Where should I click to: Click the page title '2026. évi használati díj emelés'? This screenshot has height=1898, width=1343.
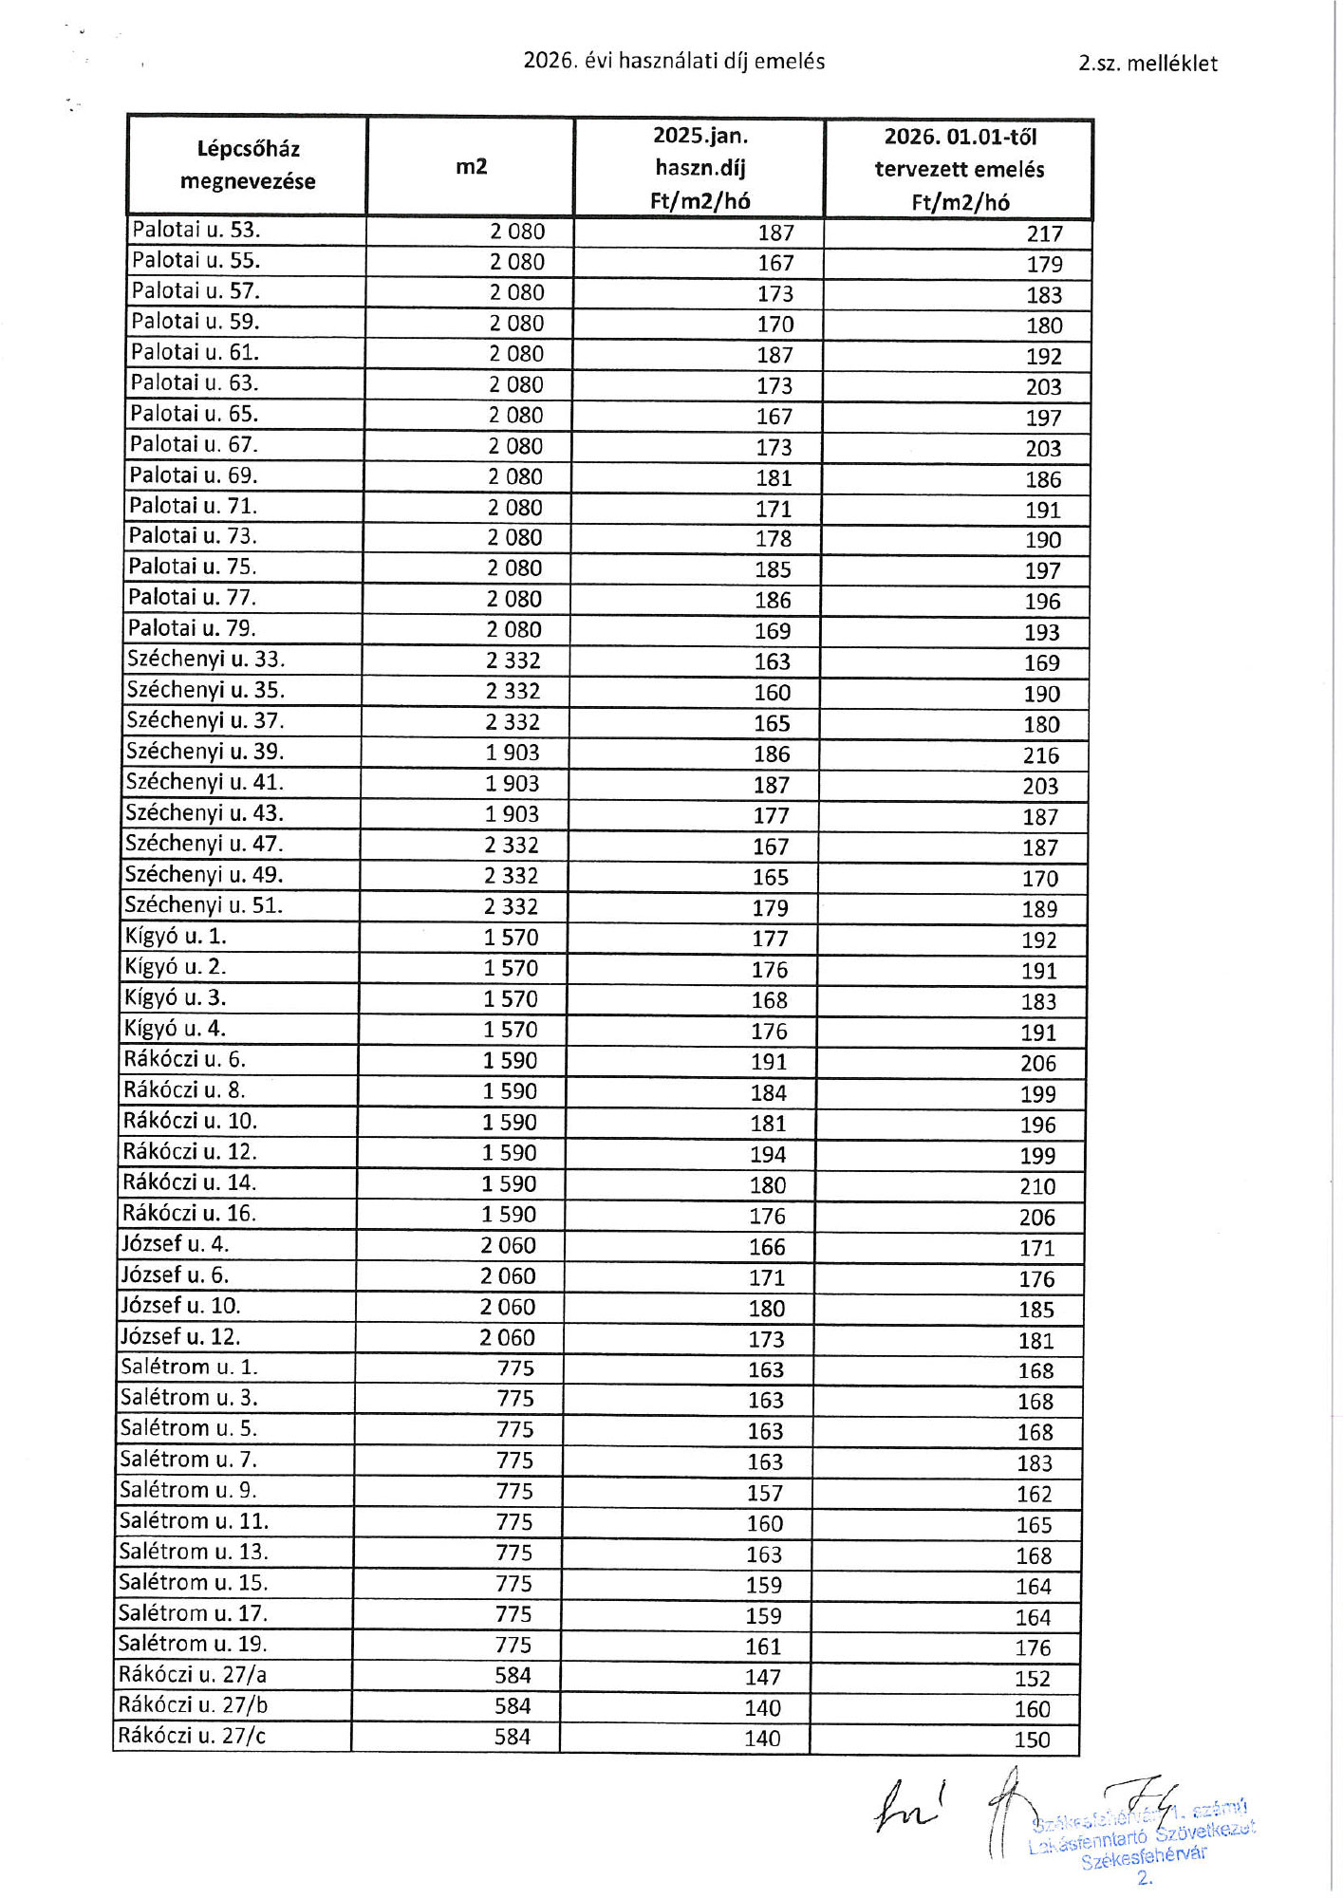coord(674,62)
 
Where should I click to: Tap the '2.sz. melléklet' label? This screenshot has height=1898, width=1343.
coord(1147,64)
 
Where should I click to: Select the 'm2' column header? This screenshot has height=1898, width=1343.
coord(471,167)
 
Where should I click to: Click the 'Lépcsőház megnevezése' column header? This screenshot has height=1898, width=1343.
coord(248,165)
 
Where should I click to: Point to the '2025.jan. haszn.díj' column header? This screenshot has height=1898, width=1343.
coord(699,168)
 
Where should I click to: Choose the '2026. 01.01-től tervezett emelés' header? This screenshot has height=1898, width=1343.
coord(960,169)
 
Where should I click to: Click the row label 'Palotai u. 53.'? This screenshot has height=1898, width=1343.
coord(196,230)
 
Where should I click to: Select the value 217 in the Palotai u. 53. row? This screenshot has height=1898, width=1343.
coord(1044,234)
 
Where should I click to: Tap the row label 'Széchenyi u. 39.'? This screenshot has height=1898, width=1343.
coord(205,752)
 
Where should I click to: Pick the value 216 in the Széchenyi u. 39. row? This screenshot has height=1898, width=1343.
coord(1040,756)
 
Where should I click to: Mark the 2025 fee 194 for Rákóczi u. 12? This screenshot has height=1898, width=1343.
coord(768,1155)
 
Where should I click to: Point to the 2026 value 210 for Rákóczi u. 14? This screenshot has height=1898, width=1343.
coord(1037,1187)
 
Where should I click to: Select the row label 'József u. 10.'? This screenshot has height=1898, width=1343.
coord(180,1306)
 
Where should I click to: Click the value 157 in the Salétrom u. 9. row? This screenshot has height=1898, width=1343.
coord(764,1494)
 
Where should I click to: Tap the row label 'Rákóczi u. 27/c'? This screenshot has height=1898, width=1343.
coord(192,1736)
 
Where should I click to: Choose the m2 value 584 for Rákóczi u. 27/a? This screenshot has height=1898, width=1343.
coord(513,1676)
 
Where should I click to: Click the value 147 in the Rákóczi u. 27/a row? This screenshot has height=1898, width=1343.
coord(763,1678)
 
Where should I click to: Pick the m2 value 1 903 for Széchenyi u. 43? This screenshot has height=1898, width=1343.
coord(512,814)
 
